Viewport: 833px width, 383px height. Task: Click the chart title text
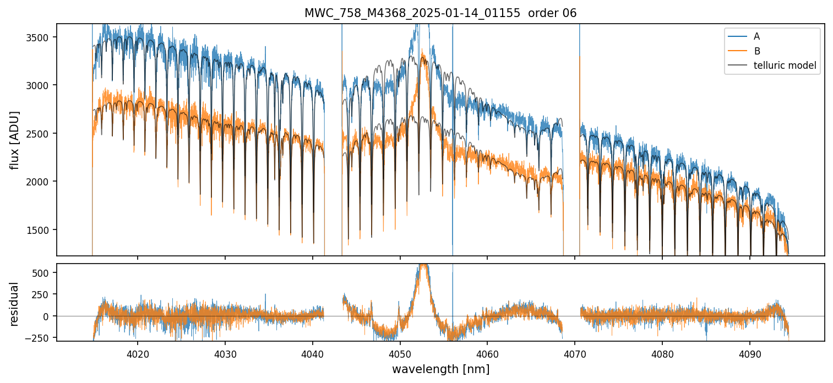click(x=440, y=13)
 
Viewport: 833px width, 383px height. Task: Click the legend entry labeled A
click(x=756, y=36)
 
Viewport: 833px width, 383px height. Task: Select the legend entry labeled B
click(x=756, y=51)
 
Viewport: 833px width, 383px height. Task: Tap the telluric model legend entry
click(x=785, y=66)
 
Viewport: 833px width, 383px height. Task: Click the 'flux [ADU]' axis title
click(x=15, y=140)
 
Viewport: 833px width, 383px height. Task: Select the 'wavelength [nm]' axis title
click(x=440, y=369)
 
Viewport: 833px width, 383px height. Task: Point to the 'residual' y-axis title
click(x=15, y=303)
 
